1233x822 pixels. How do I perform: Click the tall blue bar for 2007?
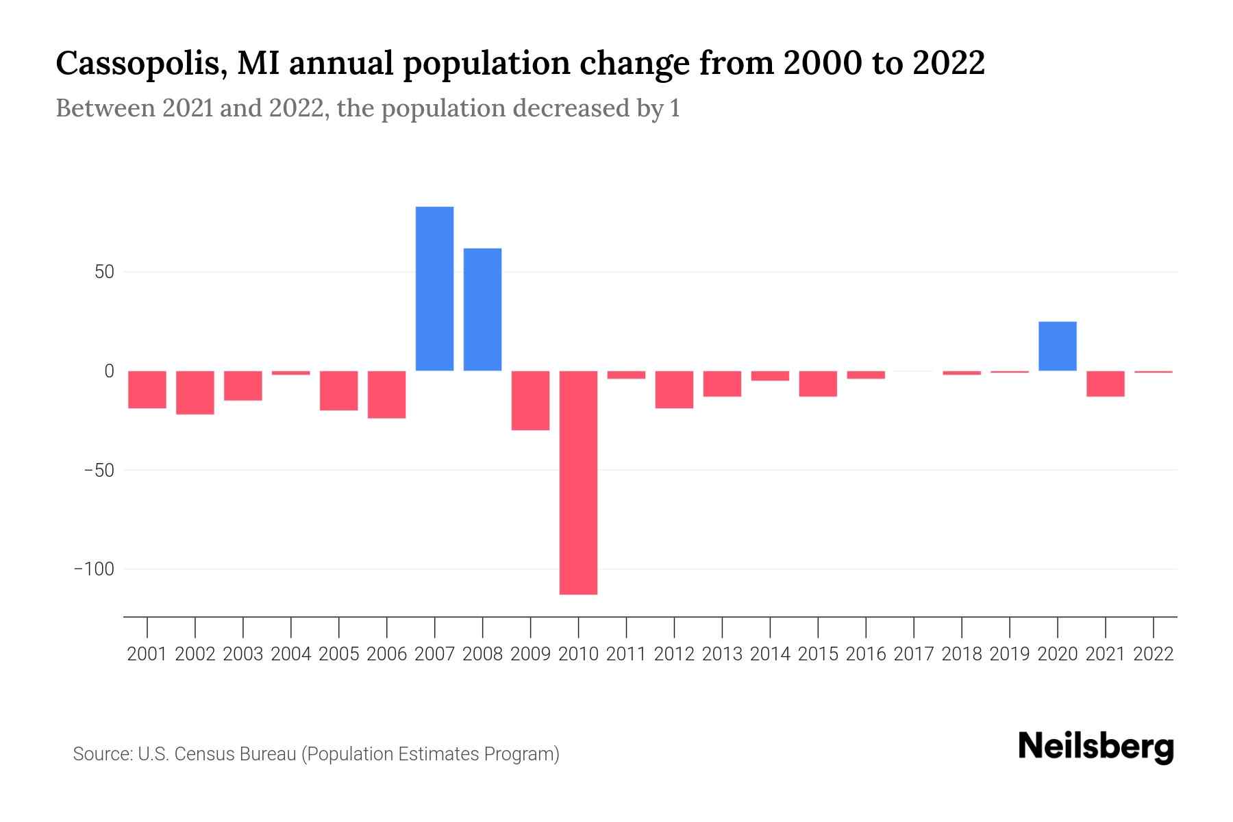click(x=434, y=288)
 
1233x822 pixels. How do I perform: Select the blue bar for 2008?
click(x=482, y=310)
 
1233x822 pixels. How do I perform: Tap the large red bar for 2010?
click(x=578, y=482)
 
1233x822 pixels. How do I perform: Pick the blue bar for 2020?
click(x=1057, y=346)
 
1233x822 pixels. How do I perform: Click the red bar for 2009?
click(x=530, y=400)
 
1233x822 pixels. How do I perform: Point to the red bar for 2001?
click(x=147, y=389)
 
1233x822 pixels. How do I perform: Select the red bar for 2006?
click(x=386, y=395)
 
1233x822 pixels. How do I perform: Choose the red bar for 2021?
click(x=1105, y=384)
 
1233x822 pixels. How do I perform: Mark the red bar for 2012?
click(x=674, y=389)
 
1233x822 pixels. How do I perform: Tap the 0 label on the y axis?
click(x=108, y=371)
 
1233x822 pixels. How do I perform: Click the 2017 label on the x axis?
click(x=914, y=654)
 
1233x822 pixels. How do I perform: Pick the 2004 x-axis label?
click(x=290, y=654)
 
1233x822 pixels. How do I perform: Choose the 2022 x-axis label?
click(x=1154, y=654)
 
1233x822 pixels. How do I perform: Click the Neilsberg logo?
click(x=1096, y=747)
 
